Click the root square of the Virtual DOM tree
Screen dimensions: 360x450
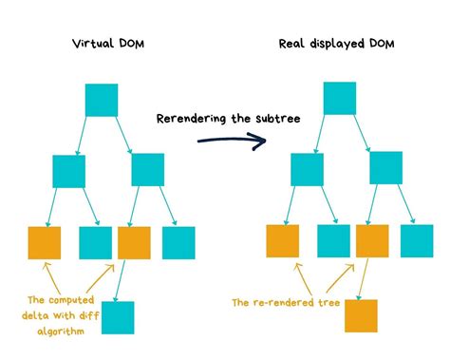tap(102, 100)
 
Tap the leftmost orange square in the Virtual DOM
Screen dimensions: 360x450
tap(45, 243)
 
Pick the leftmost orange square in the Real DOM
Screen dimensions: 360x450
tap(282, 241)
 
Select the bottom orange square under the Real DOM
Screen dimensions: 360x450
tap(361, 315)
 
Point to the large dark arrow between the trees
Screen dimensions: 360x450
tap(232, 142)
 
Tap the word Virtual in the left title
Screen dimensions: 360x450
tap(90, 44)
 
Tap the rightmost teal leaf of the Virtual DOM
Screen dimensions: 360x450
tap(178, 243)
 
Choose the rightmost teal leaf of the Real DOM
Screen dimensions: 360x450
tap(417, 241)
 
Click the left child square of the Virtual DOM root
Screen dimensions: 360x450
tap(69, 171)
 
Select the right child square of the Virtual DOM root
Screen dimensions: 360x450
tap(148, 170)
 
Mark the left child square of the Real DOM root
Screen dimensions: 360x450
tap(306, 168)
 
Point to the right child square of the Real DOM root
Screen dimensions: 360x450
tap(385, 168)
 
